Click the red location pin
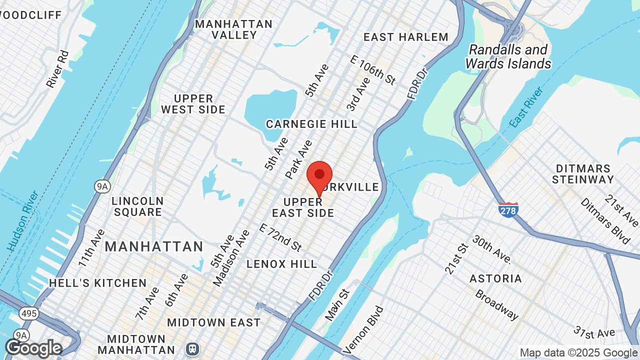(319, 176)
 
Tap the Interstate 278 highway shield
(508, 209)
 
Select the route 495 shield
(28, 313)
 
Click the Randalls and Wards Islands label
(508, 57)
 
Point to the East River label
(526, 107)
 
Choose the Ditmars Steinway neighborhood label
(583, 174)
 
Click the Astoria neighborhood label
(496, 278)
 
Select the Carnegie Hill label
(311, 124)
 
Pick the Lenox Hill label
(282, 263)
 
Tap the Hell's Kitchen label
(98, 283)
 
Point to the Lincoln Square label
(137, 206)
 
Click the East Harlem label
(406, 37)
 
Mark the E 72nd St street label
(280, 237)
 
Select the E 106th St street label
(373, 70)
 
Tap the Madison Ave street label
(231, 258)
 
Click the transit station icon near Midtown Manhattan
(191, 348)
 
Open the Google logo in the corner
(33, 348)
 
